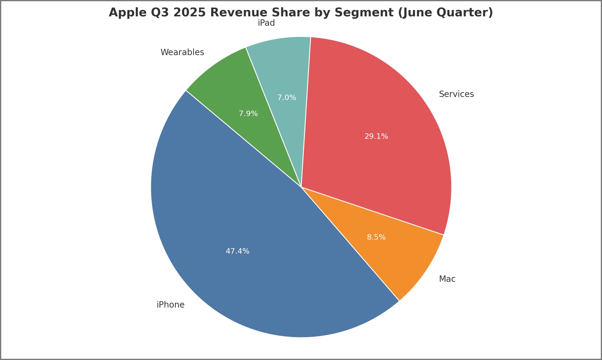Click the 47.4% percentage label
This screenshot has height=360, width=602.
click(238, 251)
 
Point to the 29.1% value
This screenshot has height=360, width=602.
click(376, 136)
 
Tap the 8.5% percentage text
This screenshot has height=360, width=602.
click(376, 237)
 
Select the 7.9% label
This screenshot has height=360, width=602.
click(248, 114)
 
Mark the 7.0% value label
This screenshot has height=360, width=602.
click(287, 98)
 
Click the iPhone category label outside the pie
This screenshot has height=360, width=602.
click(171, 305)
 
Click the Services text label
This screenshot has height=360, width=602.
click(456, 94)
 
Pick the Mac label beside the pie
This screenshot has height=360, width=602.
click(447, 279)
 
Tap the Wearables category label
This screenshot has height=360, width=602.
click(182, 52)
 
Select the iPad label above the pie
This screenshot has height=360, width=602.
click(266, 23)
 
